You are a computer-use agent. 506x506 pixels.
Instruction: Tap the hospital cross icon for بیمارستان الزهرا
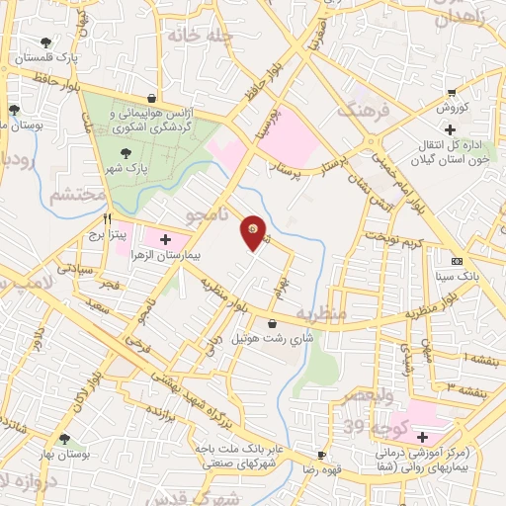tap(165, 239)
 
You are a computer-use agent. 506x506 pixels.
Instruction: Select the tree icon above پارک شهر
tap(125, 152)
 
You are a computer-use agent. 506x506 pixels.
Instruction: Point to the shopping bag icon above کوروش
tap(452, 93)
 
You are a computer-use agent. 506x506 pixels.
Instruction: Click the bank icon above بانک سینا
tap(456, 261)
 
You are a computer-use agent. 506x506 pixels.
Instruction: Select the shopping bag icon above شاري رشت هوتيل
tap(273, 323)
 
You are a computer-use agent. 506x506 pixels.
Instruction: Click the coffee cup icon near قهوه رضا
tap(321, 455)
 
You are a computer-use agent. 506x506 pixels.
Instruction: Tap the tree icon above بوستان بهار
tap(65, 438)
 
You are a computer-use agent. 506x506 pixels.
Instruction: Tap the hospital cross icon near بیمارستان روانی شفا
tap(423, 437)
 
